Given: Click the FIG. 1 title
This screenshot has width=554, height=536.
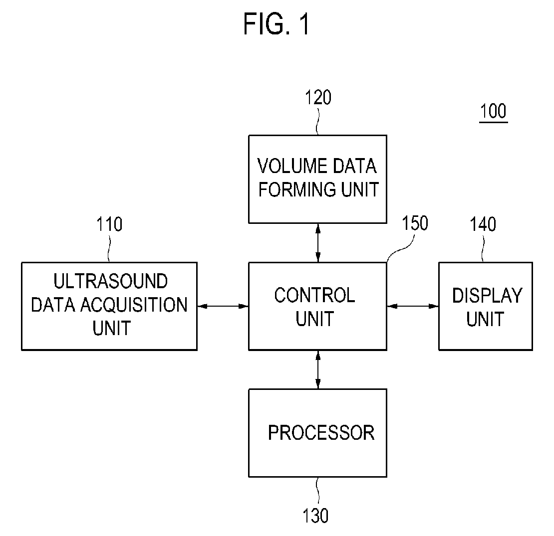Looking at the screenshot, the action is coord(277,23).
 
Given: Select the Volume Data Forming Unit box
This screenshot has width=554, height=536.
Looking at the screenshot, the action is coord(317,179).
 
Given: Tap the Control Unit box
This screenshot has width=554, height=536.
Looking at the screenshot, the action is coord(317,306).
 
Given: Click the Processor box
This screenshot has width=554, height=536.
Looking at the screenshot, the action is coord(317,433).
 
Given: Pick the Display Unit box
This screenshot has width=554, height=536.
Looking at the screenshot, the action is coord(486,306).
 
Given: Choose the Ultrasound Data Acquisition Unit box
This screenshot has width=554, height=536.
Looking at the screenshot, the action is coord(109,306).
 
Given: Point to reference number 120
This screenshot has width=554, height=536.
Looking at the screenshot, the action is coord(318,97).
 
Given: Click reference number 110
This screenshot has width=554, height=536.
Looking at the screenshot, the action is coord(109,224).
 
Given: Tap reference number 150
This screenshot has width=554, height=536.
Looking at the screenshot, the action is coord(415,223).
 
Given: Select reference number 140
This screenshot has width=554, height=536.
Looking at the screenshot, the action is coord(483,224).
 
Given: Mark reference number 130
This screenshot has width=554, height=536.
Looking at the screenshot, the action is coord(315,516).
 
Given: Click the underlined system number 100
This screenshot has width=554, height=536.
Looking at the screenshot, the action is coord(493,112).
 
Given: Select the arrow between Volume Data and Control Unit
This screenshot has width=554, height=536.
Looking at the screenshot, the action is coord(318,243).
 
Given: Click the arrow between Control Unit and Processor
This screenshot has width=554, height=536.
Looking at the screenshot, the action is coord(318,370).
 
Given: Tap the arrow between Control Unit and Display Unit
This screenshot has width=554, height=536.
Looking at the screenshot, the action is coord(413,306).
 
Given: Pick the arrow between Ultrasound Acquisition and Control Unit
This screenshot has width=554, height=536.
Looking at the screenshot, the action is coord(223,306).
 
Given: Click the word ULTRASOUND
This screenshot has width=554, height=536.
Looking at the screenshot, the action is coord(111,281).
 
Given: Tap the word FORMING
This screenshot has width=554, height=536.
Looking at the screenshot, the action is coord(297,189).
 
